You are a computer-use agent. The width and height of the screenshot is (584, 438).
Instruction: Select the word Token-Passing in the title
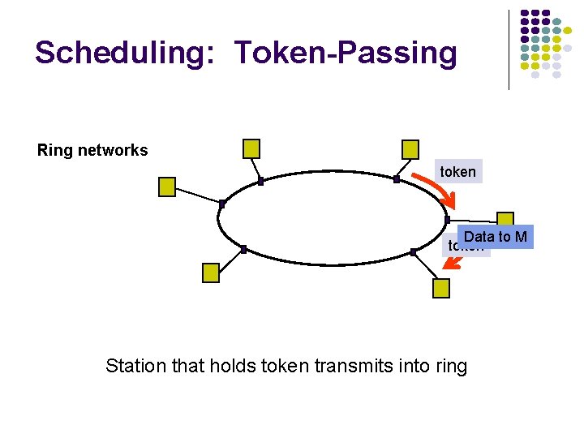coord(346,54)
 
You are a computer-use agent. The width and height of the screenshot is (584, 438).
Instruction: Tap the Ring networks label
coord(92,150)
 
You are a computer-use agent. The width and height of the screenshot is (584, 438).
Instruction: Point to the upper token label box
coord(457,171)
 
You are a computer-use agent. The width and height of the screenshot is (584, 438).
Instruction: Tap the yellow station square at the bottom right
coord(440,288)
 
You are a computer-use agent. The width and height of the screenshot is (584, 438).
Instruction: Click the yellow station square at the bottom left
coord(211,272)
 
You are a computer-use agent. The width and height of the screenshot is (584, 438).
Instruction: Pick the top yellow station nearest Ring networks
coord(252,148)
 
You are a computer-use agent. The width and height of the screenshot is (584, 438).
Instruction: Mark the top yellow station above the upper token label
coord(410,149)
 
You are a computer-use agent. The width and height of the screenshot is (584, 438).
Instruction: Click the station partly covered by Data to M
coord(506,220)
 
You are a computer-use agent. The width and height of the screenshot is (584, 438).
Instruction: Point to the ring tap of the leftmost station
coord(221,203)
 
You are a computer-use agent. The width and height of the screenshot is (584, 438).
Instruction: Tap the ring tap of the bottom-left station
coord(243,248)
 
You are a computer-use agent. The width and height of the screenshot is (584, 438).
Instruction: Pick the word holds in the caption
coord(232,366)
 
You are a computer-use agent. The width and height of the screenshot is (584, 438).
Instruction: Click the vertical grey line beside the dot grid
coord(509,49)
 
